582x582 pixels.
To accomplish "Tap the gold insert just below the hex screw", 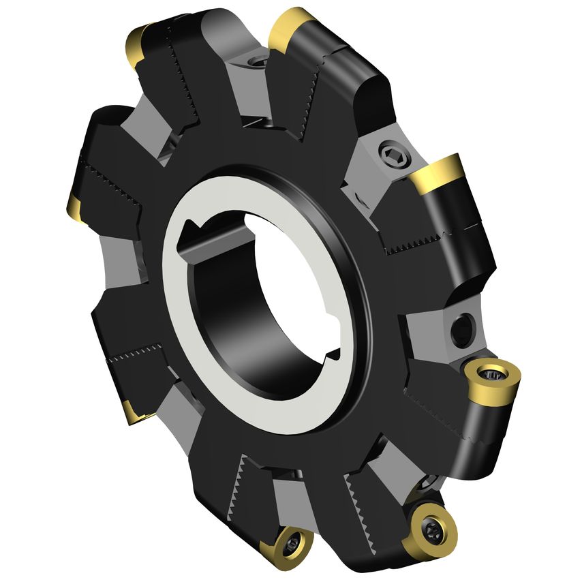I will click(x=438, y=174).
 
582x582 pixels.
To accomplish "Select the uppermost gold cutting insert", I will click(x=291, y=29).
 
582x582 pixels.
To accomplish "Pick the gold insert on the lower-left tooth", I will click(x=134, y=411).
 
